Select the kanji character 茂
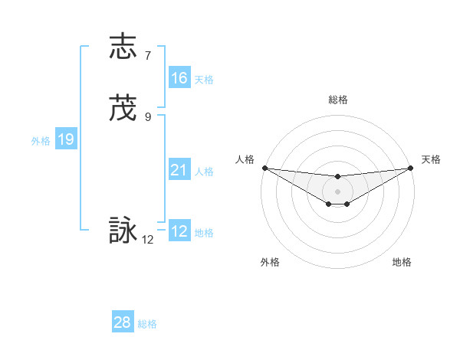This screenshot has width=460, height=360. (x=123, y=109)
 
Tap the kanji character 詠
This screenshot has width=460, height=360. (x=123, y=231)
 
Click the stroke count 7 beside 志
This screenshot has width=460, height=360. (x=148, y=55)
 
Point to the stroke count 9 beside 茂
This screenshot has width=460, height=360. (x=148, y=117)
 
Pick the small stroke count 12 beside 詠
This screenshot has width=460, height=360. (x=148, y=240)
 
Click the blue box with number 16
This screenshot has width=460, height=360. (x=179, y=78)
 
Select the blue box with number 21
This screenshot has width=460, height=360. (x=179, y=170)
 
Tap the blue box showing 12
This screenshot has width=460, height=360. (x=179, y=231)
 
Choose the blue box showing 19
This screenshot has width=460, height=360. (x=66, y=139)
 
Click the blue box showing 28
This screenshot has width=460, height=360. (x=122, y=322)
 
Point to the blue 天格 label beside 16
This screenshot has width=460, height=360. (x=204, y=80)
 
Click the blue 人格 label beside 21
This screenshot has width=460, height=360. (x=204, y=172)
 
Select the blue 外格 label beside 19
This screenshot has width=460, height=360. (x=41, y=141)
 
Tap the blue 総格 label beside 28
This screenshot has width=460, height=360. (x=147, y=324)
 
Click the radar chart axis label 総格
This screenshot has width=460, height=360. (x=338, y=100)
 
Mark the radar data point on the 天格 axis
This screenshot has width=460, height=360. (x=410, y=168)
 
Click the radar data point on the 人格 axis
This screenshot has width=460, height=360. (x=264, y=168)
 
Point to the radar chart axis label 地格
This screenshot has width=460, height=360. (x=402, y=262)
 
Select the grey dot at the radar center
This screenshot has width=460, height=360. (x=337, y=191)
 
